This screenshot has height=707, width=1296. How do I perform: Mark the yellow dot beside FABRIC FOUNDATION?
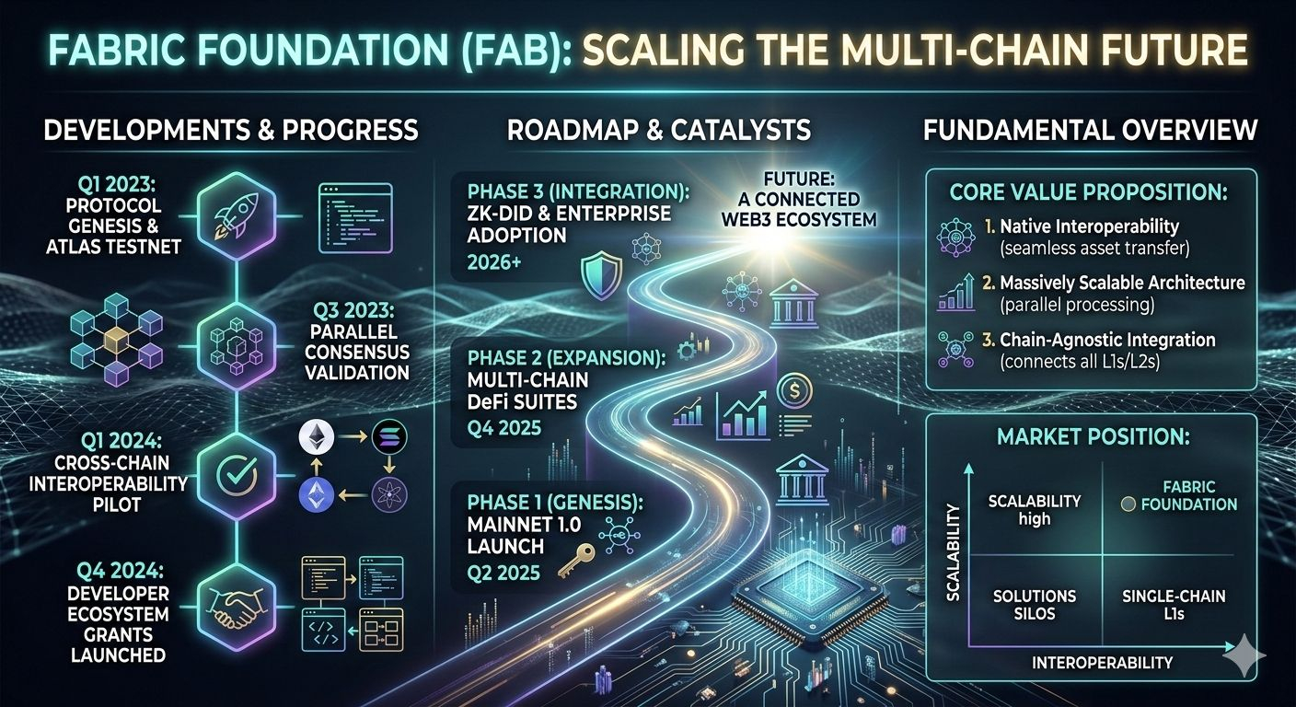[1126, 504]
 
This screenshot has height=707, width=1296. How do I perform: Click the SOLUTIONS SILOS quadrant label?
[1034, 604]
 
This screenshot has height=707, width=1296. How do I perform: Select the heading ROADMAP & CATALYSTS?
[659, 130]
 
